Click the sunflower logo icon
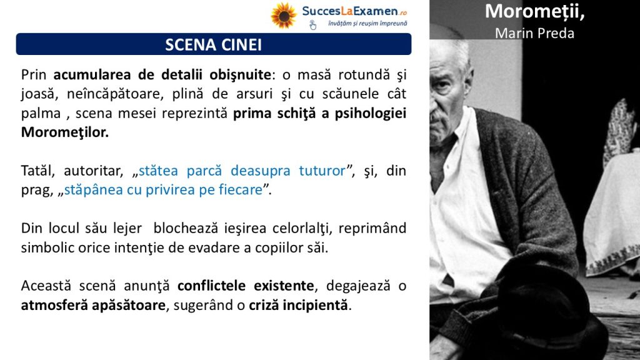[283, 16]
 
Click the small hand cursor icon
[312, 25]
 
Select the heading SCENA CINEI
[214, 44]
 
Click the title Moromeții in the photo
[535, 11]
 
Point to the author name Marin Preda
[534, 33]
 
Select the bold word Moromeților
[65, 132]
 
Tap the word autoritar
[94, 171]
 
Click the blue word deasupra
[261, 171]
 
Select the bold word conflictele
[211, 286]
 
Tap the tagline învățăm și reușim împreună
[367, 24]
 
